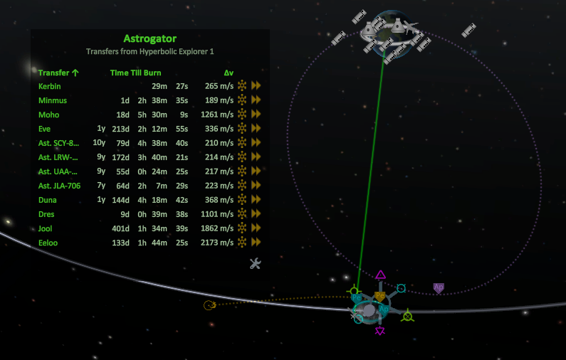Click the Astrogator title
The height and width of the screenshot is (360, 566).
pyautogui.click(x=150, y=38)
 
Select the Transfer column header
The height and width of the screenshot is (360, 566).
pyautogui.click(x=58, y=73)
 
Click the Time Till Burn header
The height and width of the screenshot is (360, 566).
pyautogui.click(x=135, y=73)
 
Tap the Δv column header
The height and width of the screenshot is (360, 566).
pyautogui.click(x=228, y=73)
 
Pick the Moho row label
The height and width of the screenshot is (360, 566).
pyautogui.click(x=48, y=115)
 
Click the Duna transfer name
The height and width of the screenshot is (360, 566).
pyautogui.click(x=48, y=200)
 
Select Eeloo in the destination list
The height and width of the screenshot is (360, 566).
pyautogui.click(x=48, y=243)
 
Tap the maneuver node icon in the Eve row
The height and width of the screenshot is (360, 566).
pyautogui.click(x=242, y=129)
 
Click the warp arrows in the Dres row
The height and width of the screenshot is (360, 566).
pyautogui.click(x=256, y=214)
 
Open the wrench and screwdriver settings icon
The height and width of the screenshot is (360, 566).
pyautogui.click(x=256, y=264)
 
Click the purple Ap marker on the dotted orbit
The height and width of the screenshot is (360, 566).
pyautogui.click(x=439, y=287)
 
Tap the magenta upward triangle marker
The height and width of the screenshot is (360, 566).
pyautogui.click(x=381, y=275)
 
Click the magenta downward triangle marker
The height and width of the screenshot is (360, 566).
pyautogui.click(x=381, y=331)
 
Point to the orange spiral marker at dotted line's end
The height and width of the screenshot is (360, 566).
pyautogui.click(x=209, y=306)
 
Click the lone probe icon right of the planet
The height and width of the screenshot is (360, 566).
pyautogui.click(x=468, y=31)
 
